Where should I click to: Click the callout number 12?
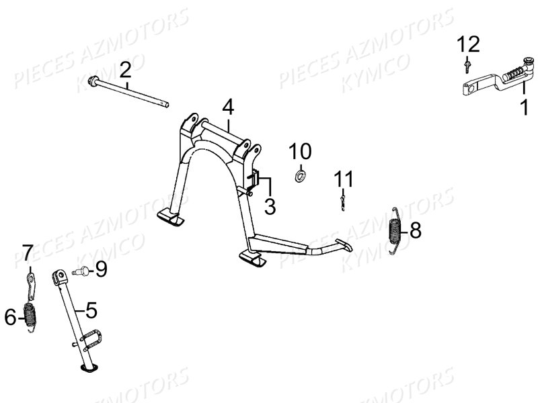[468, 44]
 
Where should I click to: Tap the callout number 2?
[126, 70]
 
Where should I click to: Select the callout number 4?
[228, 107]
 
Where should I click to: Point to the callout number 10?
[300, 151]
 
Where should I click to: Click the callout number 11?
[344, 179]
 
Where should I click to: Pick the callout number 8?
[415, 230]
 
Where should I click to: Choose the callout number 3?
[270, 206]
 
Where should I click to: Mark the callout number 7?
[28, 253]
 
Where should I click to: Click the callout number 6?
[10, 316]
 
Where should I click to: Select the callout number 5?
[91, 310]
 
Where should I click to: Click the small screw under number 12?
[467, 66]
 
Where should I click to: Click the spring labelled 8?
[395, 230]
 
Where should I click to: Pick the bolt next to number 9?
[81, 271]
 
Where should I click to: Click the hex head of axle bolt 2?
[93, 81]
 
